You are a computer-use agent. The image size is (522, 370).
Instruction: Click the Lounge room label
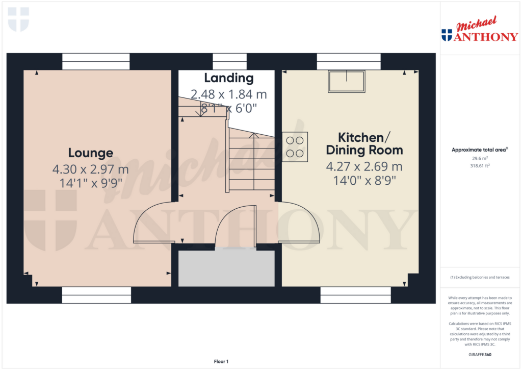point(91,153)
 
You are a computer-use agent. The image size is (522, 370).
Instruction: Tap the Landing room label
point(229,78)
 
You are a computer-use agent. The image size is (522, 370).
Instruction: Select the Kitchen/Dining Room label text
point(364,144)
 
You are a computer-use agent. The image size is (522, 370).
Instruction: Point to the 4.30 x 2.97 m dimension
point(90,169)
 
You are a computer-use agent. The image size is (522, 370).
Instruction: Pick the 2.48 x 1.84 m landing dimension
point(229,94)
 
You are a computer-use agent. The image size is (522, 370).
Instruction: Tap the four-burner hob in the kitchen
point(295,147)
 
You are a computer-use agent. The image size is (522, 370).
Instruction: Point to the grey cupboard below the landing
point(226,268)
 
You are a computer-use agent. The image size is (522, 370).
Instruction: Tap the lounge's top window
point(96,62)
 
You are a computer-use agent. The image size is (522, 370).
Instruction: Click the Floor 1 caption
point(221,361)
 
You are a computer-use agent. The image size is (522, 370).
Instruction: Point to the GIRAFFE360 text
point(479,355)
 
